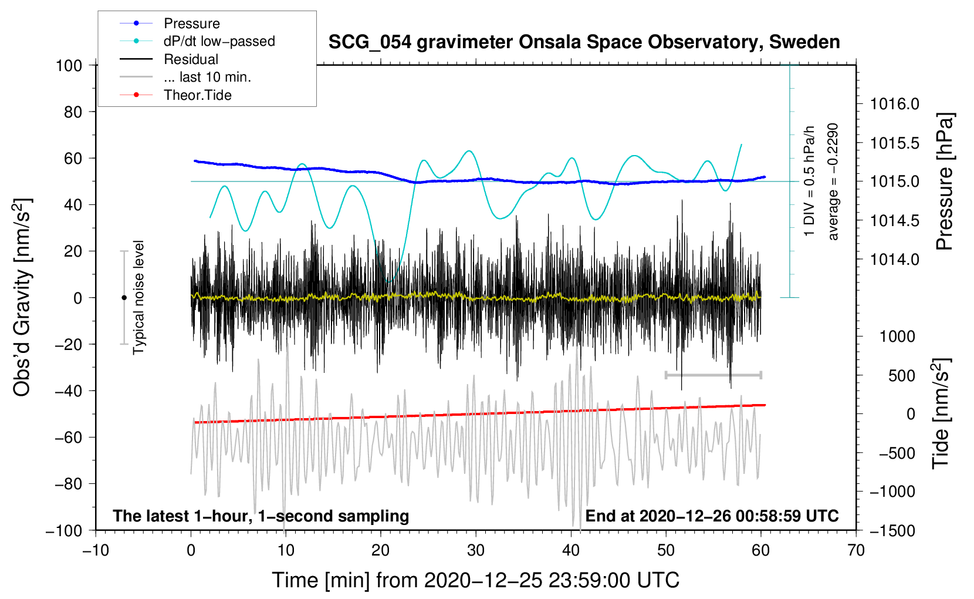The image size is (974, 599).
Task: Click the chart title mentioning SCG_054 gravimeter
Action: tap(584, 42)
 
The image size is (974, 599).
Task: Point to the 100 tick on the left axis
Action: tap(69, 66)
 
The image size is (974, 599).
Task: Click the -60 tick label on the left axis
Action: tap(69, 438)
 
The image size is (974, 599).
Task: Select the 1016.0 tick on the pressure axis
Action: tap(894, 104)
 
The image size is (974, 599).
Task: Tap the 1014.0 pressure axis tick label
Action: tap(894, 260)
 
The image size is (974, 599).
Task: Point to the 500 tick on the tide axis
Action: tap(902, 376)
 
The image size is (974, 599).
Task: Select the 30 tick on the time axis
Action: tap(476, 551)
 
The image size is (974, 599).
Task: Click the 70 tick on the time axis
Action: tap(855, 551)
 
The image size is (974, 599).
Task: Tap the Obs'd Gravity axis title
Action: tap(22, 297)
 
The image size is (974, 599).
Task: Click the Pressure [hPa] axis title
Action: tap(945, 181)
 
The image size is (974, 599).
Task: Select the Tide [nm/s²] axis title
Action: tap(941, 413)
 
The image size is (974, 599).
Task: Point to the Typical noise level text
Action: tap(138, 298)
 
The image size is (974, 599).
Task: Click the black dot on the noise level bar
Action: tap(124, 298)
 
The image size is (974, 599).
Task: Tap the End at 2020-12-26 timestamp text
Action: tap(712, 516)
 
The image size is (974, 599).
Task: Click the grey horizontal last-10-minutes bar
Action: tap(713, 375)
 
